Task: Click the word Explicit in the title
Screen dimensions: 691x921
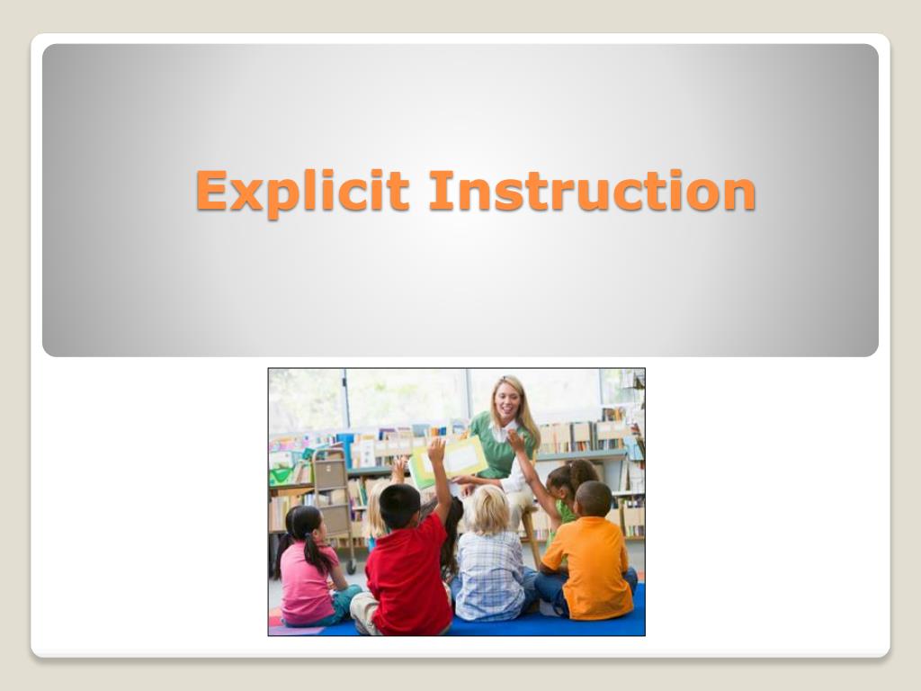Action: click(x=302, y=192)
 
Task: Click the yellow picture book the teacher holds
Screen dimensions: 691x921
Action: click(x=450, y=460)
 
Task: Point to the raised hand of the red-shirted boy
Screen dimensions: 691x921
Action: click(x=436, y=449)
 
